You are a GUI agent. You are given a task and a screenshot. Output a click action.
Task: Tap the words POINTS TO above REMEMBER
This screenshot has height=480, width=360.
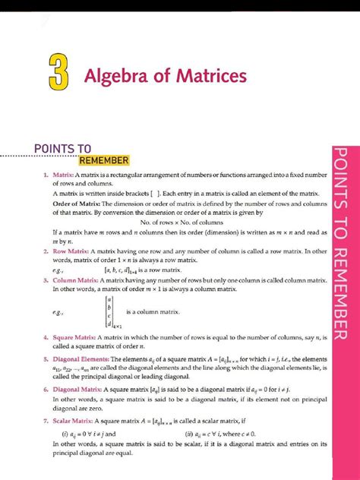click(x=63, y=147)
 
